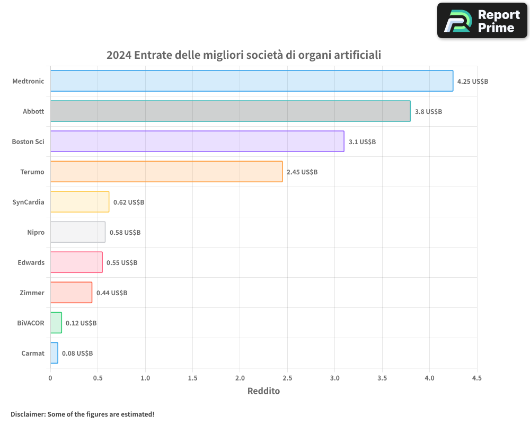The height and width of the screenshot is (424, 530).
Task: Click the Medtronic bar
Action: (x=252, y=81)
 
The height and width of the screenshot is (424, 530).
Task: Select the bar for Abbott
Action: (x=230, y=111)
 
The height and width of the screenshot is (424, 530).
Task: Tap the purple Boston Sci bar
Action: (x=197, y=142)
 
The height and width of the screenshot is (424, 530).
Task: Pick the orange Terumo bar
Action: (x=166, y=172)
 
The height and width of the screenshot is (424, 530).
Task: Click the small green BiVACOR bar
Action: (x=56, y=323)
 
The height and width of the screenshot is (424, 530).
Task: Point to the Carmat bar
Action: (x=54, y=353)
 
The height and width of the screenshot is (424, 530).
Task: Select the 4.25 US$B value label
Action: (x=473, y=82)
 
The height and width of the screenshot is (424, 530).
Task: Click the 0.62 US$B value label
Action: (x=129, y=202)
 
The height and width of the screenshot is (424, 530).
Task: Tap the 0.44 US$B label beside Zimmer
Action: (x=112, y=293)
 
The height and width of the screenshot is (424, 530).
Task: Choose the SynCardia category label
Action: (x=28, y=202)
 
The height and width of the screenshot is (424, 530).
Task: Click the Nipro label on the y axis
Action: (x=36, y=232)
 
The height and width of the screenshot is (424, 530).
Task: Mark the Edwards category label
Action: (x=31, y=262)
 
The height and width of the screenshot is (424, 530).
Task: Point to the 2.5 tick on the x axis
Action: (x=287, y=378)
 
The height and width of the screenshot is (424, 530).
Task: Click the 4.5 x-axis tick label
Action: (x=476, y=378)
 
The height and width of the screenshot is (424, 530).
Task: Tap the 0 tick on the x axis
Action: (x=50, y=378)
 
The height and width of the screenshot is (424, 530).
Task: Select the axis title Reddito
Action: (x=263, y=391)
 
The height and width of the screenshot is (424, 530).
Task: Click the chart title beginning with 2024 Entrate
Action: (x=244, y=55)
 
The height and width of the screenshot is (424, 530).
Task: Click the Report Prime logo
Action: (x=482, y=21)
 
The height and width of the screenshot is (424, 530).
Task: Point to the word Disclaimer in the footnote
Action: (x=28, y=414)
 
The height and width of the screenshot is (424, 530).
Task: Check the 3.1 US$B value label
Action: (x=362, y=142)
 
